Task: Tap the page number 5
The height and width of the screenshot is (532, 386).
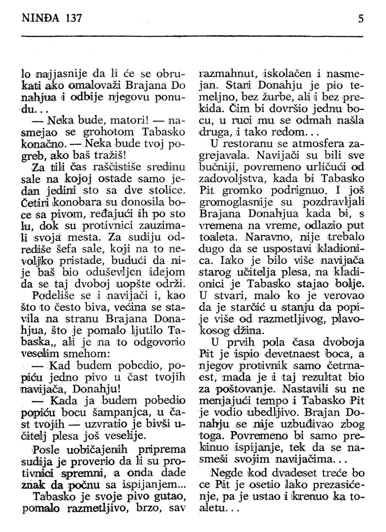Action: (361, 19)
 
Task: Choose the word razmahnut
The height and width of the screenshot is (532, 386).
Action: (229, 73)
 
